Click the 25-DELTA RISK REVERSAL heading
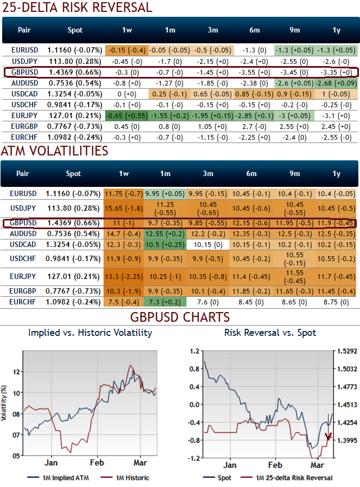coord(76,8)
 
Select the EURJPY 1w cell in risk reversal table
coord(126,115)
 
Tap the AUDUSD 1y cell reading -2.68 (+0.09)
coord(337,83)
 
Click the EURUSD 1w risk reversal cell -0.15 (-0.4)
coord(126,50)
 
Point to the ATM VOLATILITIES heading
coord(54,151)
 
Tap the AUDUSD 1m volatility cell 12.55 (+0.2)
coord(165,233)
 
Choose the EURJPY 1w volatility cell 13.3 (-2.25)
coord(123,278)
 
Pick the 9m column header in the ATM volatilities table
coord(294,174)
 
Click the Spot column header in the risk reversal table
coord(74,30)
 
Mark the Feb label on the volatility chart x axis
coord(97,463)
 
